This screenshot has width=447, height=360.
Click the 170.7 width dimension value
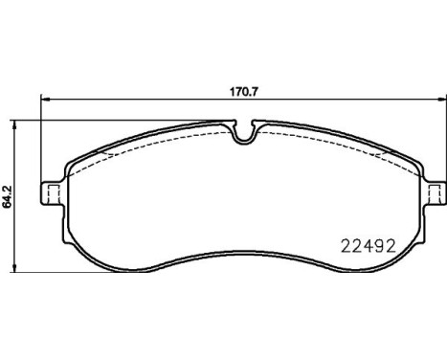244,92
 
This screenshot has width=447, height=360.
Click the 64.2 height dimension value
7,196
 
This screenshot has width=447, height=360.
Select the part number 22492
369,246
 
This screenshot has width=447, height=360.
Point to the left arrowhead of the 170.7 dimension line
46,100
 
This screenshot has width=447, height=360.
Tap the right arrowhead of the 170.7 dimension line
442,100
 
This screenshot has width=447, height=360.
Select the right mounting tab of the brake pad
436,193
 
